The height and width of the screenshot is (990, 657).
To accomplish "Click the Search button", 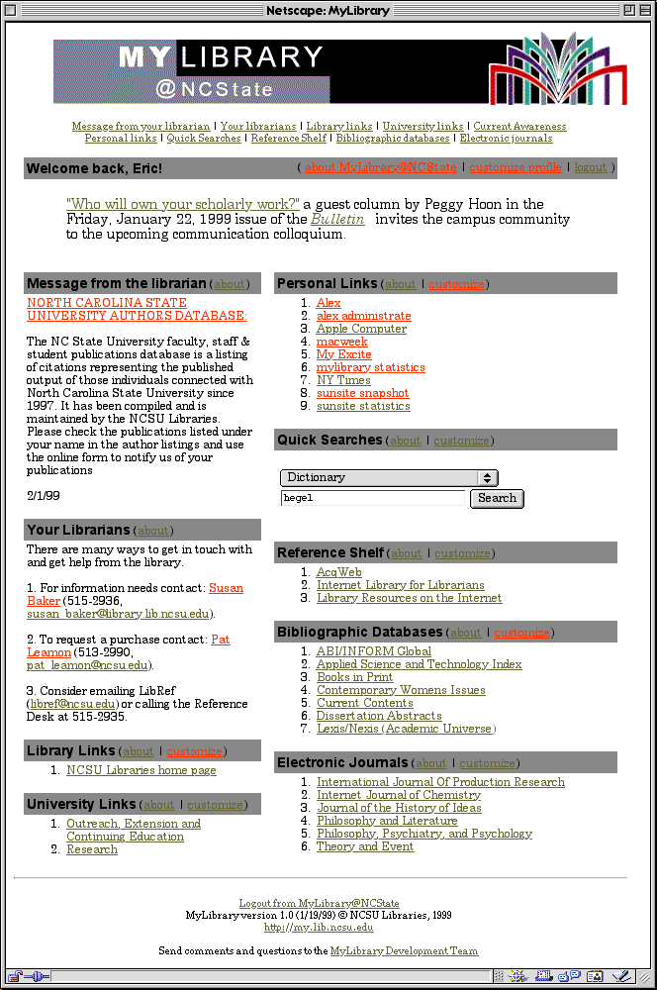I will [497, 498].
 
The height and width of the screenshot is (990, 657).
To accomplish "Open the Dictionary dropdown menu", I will [389, 477].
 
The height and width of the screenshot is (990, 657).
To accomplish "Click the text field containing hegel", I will [372, 498].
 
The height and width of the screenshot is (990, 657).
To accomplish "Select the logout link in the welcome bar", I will [590, 167].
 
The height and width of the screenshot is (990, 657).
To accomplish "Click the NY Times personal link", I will [343, 380].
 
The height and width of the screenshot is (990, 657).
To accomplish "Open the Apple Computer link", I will [361, 329].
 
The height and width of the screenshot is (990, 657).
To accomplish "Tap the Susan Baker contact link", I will [226, 588].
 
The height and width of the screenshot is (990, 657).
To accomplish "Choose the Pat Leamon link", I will [220, 640].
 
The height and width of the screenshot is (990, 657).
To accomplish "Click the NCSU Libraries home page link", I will [141, 770].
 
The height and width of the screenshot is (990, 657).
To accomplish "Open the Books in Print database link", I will [354, 677].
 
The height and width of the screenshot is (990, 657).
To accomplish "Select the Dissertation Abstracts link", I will [365, 716].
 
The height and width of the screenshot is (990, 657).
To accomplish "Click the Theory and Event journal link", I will [365, 846].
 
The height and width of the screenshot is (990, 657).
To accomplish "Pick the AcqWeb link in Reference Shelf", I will [338, 572].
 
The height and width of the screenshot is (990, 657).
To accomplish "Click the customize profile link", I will [515, 167].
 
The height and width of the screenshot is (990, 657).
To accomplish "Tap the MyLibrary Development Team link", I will [404, 950].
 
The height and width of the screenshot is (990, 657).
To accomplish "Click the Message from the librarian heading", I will [117, 283].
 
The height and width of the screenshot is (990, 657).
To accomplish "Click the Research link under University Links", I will [91, 849].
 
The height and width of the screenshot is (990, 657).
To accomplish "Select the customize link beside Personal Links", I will [456, 284].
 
